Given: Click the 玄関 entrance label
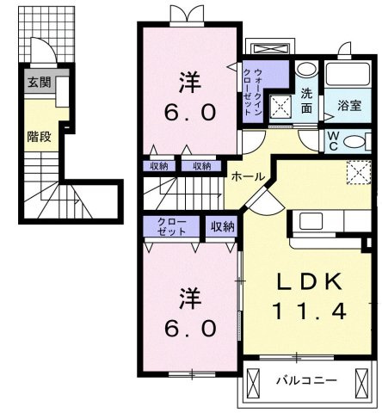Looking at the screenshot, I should coord(38,83).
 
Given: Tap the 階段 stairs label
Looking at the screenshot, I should coord(37,135).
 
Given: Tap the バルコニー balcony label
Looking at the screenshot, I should coord(305,379).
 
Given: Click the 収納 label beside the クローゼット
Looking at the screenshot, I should coord(222,226).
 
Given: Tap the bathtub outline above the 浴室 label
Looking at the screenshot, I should coord(348,76).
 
